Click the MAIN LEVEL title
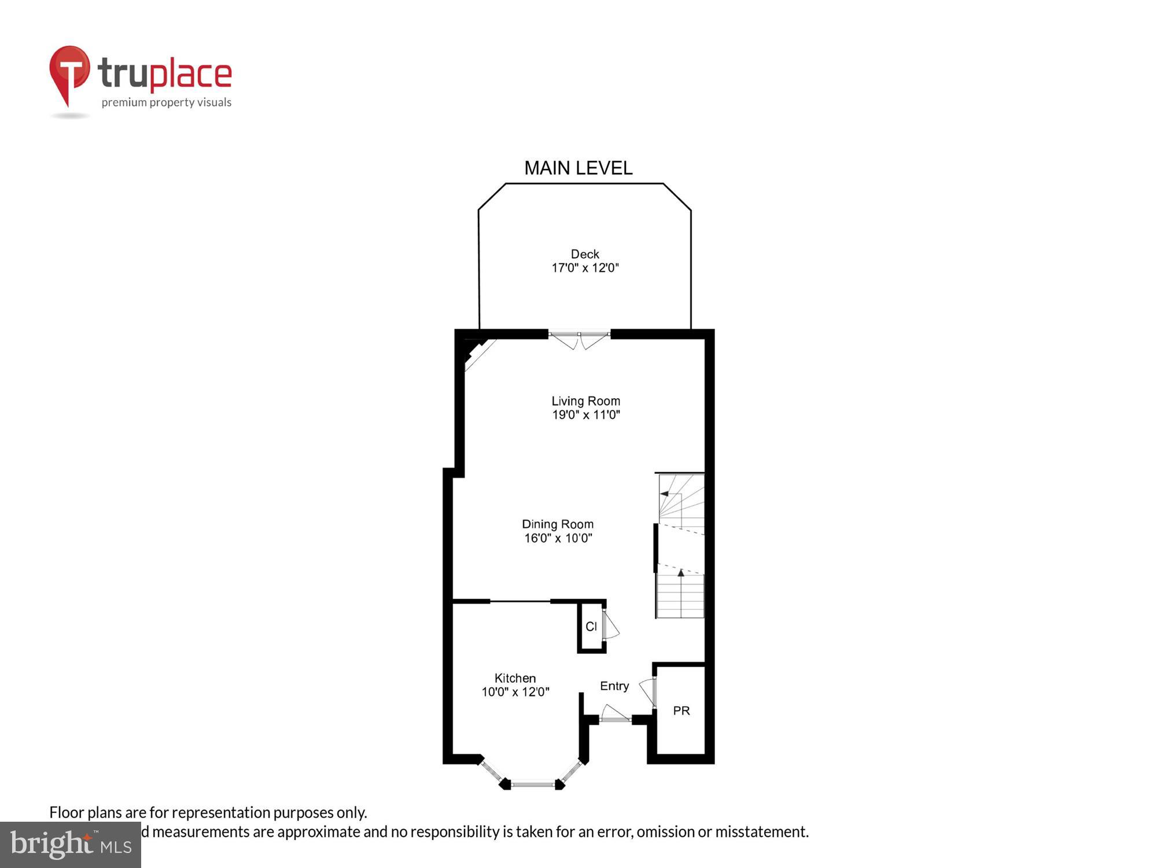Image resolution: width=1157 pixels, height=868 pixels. coord(578,168)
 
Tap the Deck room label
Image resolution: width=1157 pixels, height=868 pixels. coord(585,254)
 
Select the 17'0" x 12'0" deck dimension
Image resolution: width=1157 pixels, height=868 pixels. coord(585,268)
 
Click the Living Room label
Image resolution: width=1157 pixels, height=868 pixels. coord(585,401)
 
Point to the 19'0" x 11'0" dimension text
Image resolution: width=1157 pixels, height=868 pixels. coord(585,415)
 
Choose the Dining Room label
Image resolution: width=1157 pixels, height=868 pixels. coord(558,524)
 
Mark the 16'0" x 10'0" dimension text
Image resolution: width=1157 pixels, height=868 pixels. coord(558,538)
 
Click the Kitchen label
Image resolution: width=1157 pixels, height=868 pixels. coord(515,678)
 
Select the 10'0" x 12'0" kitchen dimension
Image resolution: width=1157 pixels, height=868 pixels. coord(515,692)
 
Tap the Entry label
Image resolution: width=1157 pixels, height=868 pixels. coord(614,686)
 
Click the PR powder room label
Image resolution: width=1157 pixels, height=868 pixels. coord(681,711)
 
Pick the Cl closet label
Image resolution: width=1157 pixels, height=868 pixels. coord(591,627)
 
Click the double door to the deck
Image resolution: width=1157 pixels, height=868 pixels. coord(579,340)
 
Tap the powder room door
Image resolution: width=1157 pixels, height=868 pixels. coord(648,691)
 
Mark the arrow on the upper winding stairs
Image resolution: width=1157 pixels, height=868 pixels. coord(665,494)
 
